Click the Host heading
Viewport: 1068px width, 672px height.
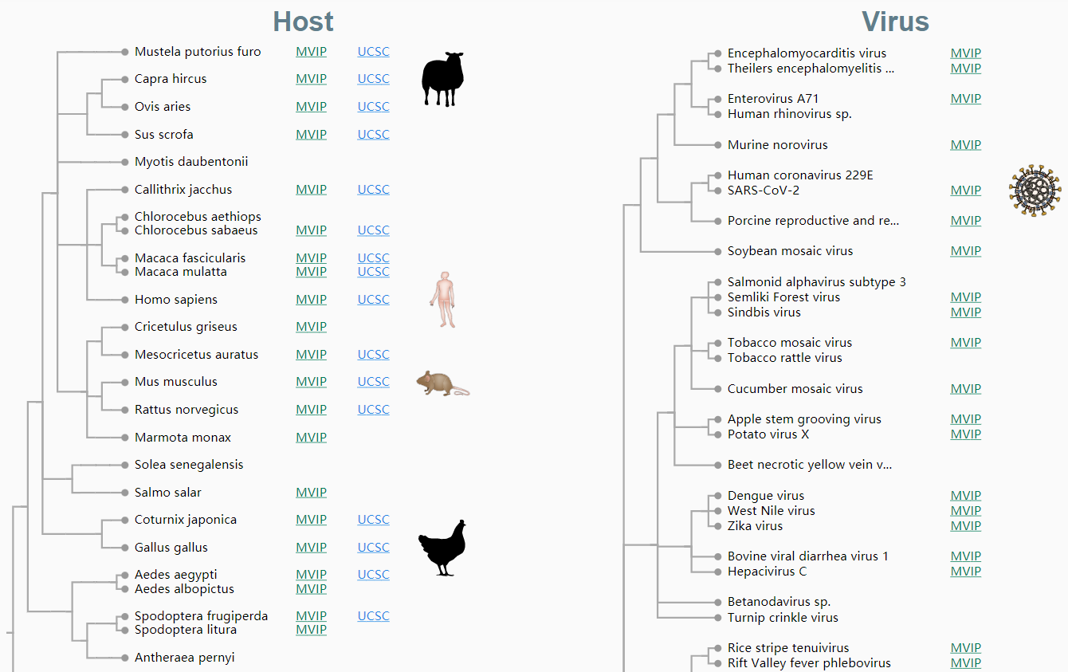(x=303, y=22)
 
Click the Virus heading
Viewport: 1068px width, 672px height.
(x=895, y=22)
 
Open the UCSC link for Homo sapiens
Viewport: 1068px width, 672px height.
(x=373, y=300)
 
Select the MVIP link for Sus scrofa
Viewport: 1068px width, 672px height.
(x=311, y=135)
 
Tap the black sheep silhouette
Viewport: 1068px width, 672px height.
(x=442, y=79)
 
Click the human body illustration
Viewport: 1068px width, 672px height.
(x=444, y=300)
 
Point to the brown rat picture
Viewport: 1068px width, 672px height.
(x=442, y=383)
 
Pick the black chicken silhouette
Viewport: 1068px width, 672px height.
(x=442, y=548)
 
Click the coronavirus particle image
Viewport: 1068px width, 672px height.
(x=1035, y=191)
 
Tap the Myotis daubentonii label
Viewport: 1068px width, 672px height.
(x=191, y=162)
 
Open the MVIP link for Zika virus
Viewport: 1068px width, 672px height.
(x=965, y=526)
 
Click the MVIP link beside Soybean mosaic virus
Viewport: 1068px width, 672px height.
(x=965, y=251)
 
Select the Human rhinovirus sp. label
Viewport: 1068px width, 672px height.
(x=789, y=114)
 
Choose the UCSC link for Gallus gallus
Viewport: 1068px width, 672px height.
(x=373, y=548)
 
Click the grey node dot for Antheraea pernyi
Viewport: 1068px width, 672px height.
(x=125, y=658)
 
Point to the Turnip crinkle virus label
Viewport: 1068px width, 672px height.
(x=783, y=618)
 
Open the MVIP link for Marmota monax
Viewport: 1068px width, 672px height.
(x=311, y=438)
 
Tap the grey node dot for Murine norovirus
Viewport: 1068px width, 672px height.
(x=718, y=145)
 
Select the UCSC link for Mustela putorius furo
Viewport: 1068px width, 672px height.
(x=373, y=52)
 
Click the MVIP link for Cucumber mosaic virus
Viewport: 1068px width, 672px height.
(x=965, y=389)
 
